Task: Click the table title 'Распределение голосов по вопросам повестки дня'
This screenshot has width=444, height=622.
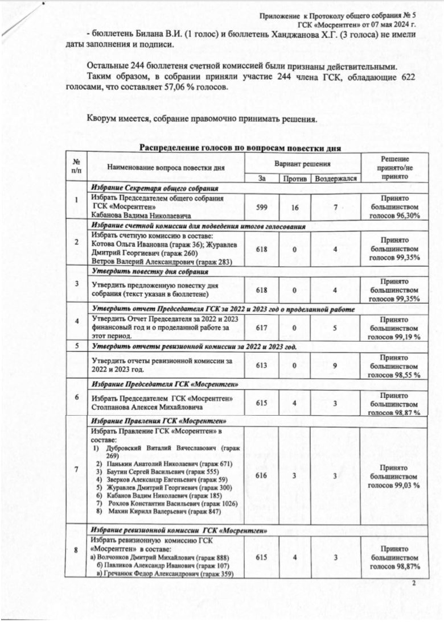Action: tap(240, 148)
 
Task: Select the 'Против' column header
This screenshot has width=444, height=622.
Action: tap(294, 179)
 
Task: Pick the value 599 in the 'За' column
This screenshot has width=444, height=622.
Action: tap(262, 208)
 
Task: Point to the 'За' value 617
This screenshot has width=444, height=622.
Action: tap(262, 327)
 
